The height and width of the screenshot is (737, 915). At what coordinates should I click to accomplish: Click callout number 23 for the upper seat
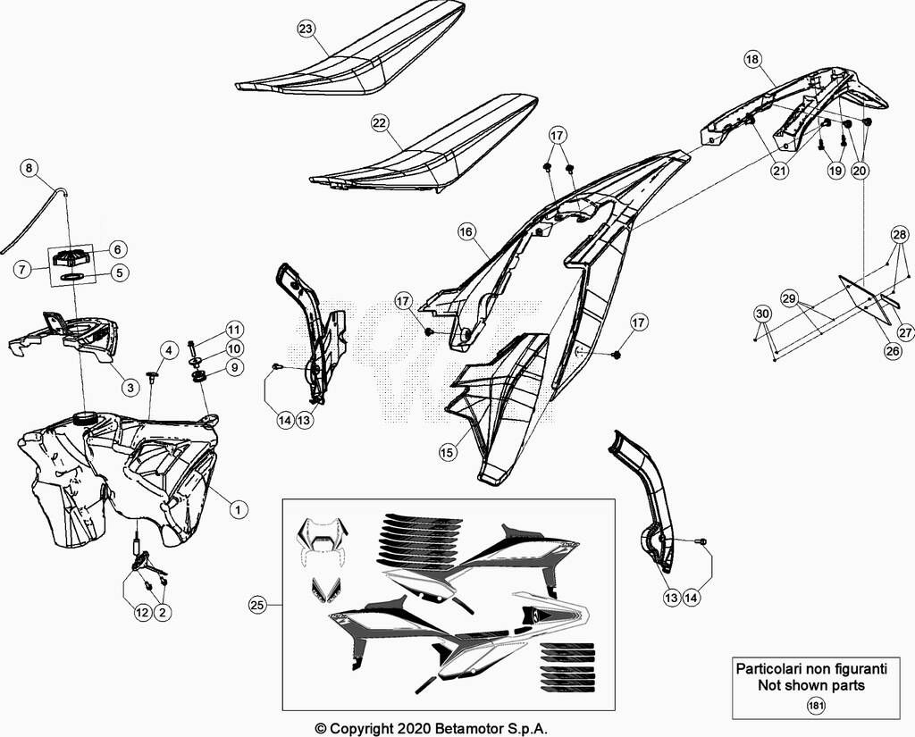pyautogui.click(x=306, y=29)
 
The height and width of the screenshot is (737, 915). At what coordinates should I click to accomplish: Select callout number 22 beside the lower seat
pyautogui.click(x=379, y=122)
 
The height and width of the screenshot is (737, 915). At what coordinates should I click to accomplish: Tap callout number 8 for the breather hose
pyautogui.click(x=29, y=169)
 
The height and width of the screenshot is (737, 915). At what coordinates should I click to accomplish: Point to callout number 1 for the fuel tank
pyautogui.click(x=238, y=510)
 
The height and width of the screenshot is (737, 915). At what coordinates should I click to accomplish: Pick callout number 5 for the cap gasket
pyautogui.click(x=120, y=272)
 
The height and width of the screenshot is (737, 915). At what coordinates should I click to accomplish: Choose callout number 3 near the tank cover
pyautogui.click(x=130, y=387)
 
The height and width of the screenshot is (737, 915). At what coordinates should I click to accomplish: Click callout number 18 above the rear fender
pyautogui.click(x=752, y=59)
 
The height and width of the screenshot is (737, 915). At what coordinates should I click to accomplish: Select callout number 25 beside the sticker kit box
pyautogui.click(x=257, y=605)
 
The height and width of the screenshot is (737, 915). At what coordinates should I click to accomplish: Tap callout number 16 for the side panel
pyautogui.click(x=466, y=232)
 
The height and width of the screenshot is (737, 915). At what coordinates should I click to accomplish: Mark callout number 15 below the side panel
pyautogui.click(x=448, y=452)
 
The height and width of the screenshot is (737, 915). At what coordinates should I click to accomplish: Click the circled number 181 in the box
pyautogui.click(x=816, y=706)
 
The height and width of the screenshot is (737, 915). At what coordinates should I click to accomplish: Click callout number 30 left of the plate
pyautogui.click(x=763, y=314)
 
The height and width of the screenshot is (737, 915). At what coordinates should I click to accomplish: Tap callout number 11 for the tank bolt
pyautogui.click(x=235, y=330)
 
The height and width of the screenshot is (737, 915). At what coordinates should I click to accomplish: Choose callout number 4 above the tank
pyautogui.click(x=169, y=351)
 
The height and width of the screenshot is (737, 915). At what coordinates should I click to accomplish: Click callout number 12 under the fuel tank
pyautogui.click(x=142, y=612)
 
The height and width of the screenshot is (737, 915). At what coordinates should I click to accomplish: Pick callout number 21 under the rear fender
pyautogui.click(x=779, y=171)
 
